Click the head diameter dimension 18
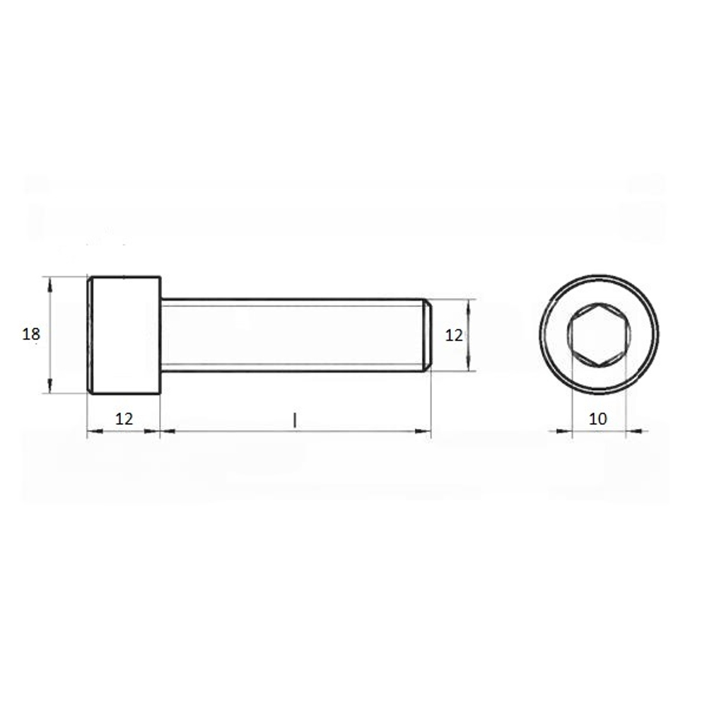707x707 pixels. pos(31,334)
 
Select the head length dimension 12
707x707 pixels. pos(124,419)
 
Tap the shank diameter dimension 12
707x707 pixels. pos(454,335)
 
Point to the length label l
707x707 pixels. pos(295,420)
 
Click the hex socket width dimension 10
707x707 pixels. pos(598,419)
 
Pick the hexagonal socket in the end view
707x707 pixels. pos(599,334)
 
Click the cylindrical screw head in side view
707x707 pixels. pos(124,335)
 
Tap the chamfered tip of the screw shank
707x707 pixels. pos(428,335)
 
